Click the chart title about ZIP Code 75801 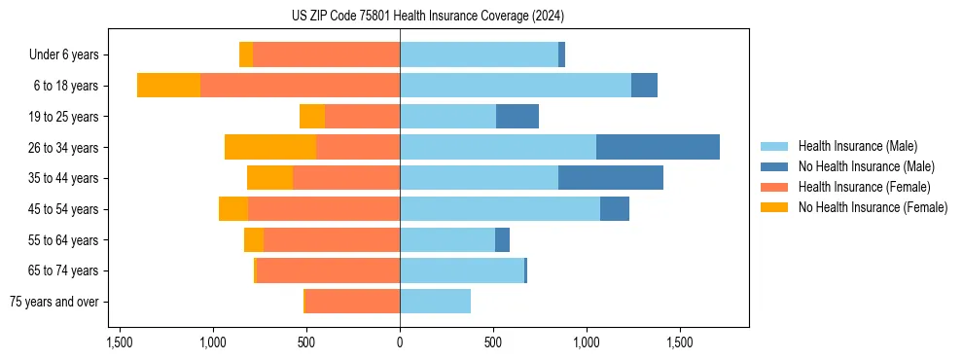coord(427,17)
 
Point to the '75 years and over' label coord(54,302)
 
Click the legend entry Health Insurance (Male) coord(857,147)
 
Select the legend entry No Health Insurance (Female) coord(873,207)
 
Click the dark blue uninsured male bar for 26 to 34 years coord(658,147)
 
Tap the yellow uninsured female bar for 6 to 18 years coord(168,86)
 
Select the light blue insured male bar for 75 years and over coord(435,302)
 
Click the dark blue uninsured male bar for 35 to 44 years coord(611,178)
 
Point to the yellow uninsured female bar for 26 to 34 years coord(270,147)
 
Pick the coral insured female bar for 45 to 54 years coord(324,209)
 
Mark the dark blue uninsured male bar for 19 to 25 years coord(517,117)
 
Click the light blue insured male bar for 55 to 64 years coord(447,240)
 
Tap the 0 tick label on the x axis coord(400,343)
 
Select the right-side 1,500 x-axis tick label coord(680,343)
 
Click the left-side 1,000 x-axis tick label coord(213,343)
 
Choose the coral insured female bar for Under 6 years coord(326,55)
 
